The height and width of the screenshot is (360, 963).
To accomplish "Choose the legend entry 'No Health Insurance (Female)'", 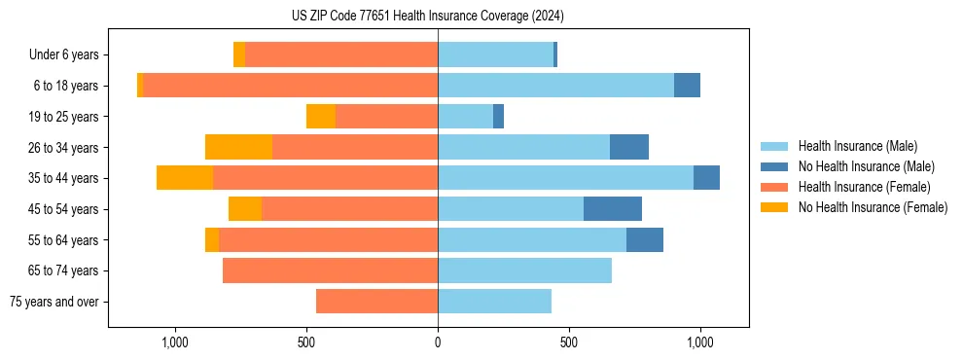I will (x=873, y=207).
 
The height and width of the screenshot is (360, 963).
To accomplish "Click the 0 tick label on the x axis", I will (x=438, y=342).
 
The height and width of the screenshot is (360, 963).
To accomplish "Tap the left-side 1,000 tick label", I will (x=175, y=342).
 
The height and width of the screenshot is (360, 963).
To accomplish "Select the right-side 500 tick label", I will (x=569, y=342).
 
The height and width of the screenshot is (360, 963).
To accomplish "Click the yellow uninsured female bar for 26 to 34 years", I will (x=238, y=147).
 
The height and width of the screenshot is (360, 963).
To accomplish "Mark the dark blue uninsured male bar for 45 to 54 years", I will (x=613, y=208).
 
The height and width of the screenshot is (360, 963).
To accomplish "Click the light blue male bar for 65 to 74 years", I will (x=525, y=270).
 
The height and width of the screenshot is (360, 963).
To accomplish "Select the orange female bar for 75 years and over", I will (x=377, y=302).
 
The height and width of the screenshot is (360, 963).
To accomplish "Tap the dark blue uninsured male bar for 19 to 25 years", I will (x=498, y=117).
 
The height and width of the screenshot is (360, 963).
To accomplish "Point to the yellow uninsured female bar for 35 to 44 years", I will (x=185, y=178).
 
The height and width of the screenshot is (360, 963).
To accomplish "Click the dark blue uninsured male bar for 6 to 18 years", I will (x=687, y=86).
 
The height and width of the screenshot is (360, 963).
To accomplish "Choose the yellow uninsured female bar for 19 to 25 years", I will (x=321, y=117).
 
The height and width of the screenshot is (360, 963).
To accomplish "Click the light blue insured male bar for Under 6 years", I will (x=495, y=55).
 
